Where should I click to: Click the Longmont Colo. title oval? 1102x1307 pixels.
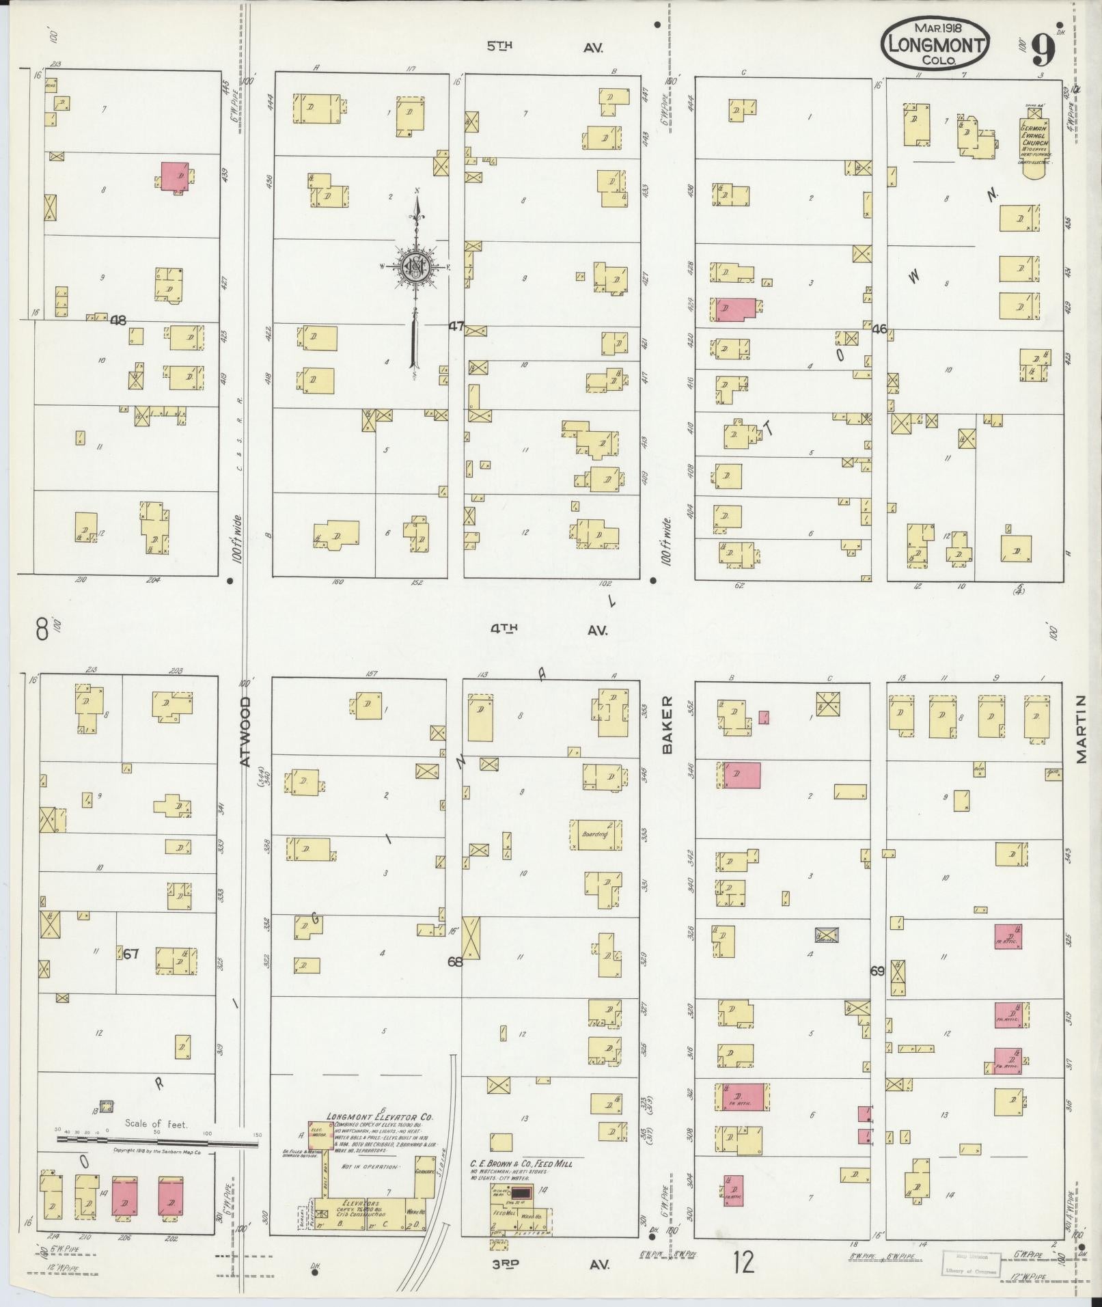[935, 42]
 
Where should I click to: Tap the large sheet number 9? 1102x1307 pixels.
[1043, 50]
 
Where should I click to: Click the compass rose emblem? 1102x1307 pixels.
[415, 266]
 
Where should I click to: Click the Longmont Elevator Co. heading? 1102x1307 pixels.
[379, 1117]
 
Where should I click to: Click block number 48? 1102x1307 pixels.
[118, 320]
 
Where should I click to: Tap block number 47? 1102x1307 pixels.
[456, 327]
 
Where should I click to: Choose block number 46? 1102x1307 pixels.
[879, 329]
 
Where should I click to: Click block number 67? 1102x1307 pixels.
[130, 954]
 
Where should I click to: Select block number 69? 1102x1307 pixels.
[877, 971]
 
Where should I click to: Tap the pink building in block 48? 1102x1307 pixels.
[177, 176]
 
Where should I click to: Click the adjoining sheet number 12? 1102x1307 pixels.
[743, 1263]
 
